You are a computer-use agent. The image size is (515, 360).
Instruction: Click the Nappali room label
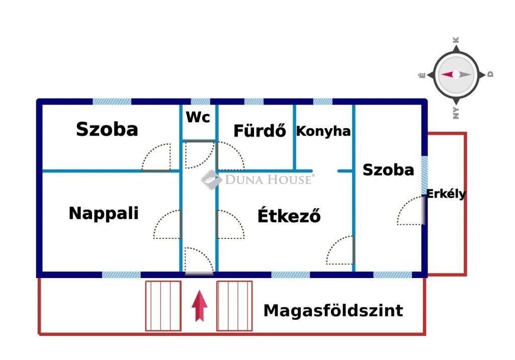104,214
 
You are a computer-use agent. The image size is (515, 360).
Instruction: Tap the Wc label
198,117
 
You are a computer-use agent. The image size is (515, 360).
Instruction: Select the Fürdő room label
260,130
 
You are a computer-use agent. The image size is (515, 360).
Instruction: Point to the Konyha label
323,131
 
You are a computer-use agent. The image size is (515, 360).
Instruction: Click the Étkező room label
289,216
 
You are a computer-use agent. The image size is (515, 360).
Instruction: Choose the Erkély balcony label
446,194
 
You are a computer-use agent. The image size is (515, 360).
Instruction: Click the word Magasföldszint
333,310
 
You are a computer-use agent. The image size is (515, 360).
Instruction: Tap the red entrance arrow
200,306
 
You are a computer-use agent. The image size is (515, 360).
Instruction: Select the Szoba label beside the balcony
388,170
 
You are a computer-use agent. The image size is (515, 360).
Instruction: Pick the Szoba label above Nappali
107,129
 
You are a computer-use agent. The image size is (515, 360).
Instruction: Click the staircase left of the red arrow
163,306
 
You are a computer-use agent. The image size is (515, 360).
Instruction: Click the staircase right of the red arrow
234,306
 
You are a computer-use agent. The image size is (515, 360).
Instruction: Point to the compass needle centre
456,74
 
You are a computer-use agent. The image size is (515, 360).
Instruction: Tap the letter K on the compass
456,40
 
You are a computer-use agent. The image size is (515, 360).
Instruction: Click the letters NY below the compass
456,113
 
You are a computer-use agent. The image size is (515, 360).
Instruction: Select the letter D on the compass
490,74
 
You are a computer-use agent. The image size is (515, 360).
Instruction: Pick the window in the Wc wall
200,102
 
